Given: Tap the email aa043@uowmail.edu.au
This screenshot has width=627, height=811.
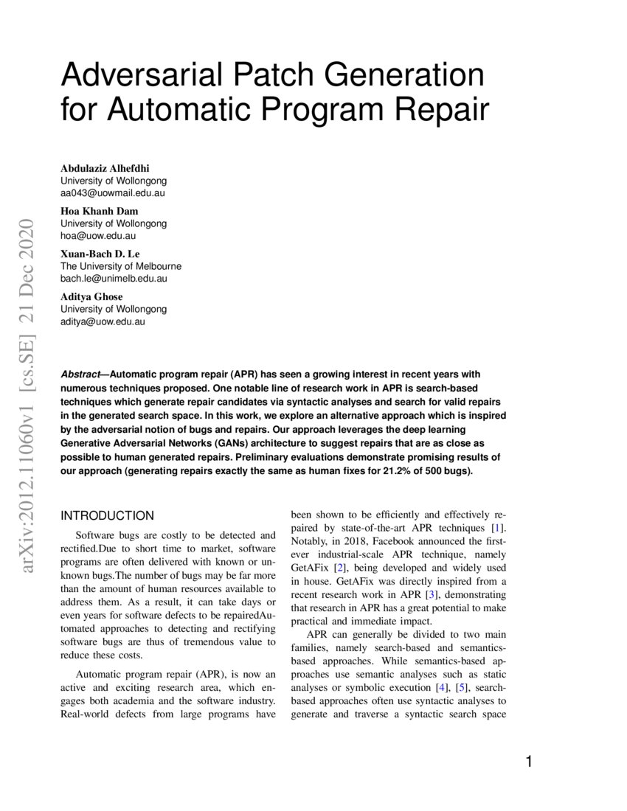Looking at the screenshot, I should (x=112, y=193).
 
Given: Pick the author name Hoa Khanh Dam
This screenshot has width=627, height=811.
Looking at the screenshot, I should (x=99, y=211).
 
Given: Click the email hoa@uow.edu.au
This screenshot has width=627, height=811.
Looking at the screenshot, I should (x=98, y=236).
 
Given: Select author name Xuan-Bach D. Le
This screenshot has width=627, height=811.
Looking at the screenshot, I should (x=102, y=254).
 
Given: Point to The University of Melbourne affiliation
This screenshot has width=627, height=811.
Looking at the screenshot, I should (x=120, y=266).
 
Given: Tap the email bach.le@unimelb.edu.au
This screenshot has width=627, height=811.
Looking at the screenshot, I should (x=114, y=279).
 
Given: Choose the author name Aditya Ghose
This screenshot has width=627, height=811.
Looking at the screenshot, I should (x=91, y=296).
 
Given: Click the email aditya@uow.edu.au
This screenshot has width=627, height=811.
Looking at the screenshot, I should (x=103, y=321).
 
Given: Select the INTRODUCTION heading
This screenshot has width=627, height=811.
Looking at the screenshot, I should (x=107, y=515).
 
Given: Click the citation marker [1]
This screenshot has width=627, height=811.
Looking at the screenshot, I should (x=499, y=528).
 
